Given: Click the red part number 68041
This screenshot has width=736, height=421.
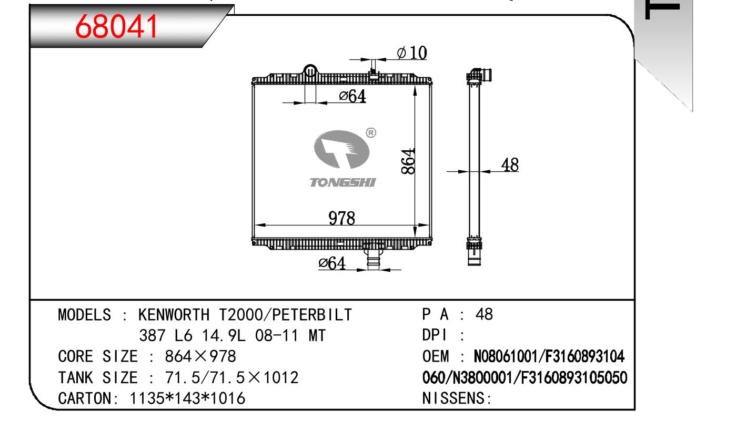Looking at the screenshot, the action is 117,27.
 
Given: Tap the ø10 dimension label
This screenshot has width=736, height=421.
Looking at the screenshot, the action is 412,53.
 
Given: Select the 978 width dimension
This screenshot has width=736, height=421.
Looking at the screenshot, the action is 342,218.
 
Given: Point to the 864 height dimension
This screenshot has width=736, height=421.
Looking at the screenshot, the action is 408,161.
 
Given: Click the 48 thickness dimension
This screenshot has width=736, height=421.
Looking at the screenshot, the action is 510,165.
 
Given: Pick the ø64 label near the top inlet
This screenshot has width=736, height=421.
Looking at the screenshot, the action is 352,96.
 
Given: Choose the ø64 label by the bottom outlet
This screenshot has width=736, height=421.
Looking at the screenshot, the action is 332,263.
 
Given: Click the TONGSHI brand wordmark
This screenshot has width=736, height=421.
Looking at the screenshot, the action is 342,182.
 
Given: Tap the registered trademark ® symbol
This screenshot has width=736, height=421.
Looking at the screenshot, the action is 371,133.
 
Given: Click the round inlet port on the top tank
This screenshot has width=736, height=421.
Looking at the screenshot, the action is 310,70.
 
